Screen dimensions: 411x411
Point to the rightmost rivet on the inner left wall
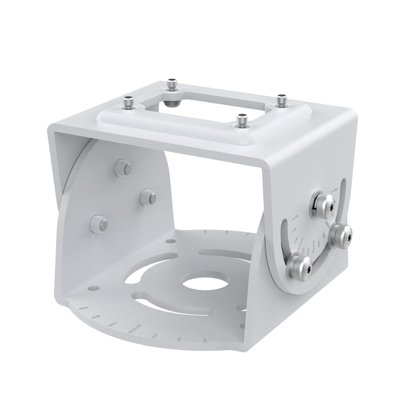pyautogui.click(x=148, y=197)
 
